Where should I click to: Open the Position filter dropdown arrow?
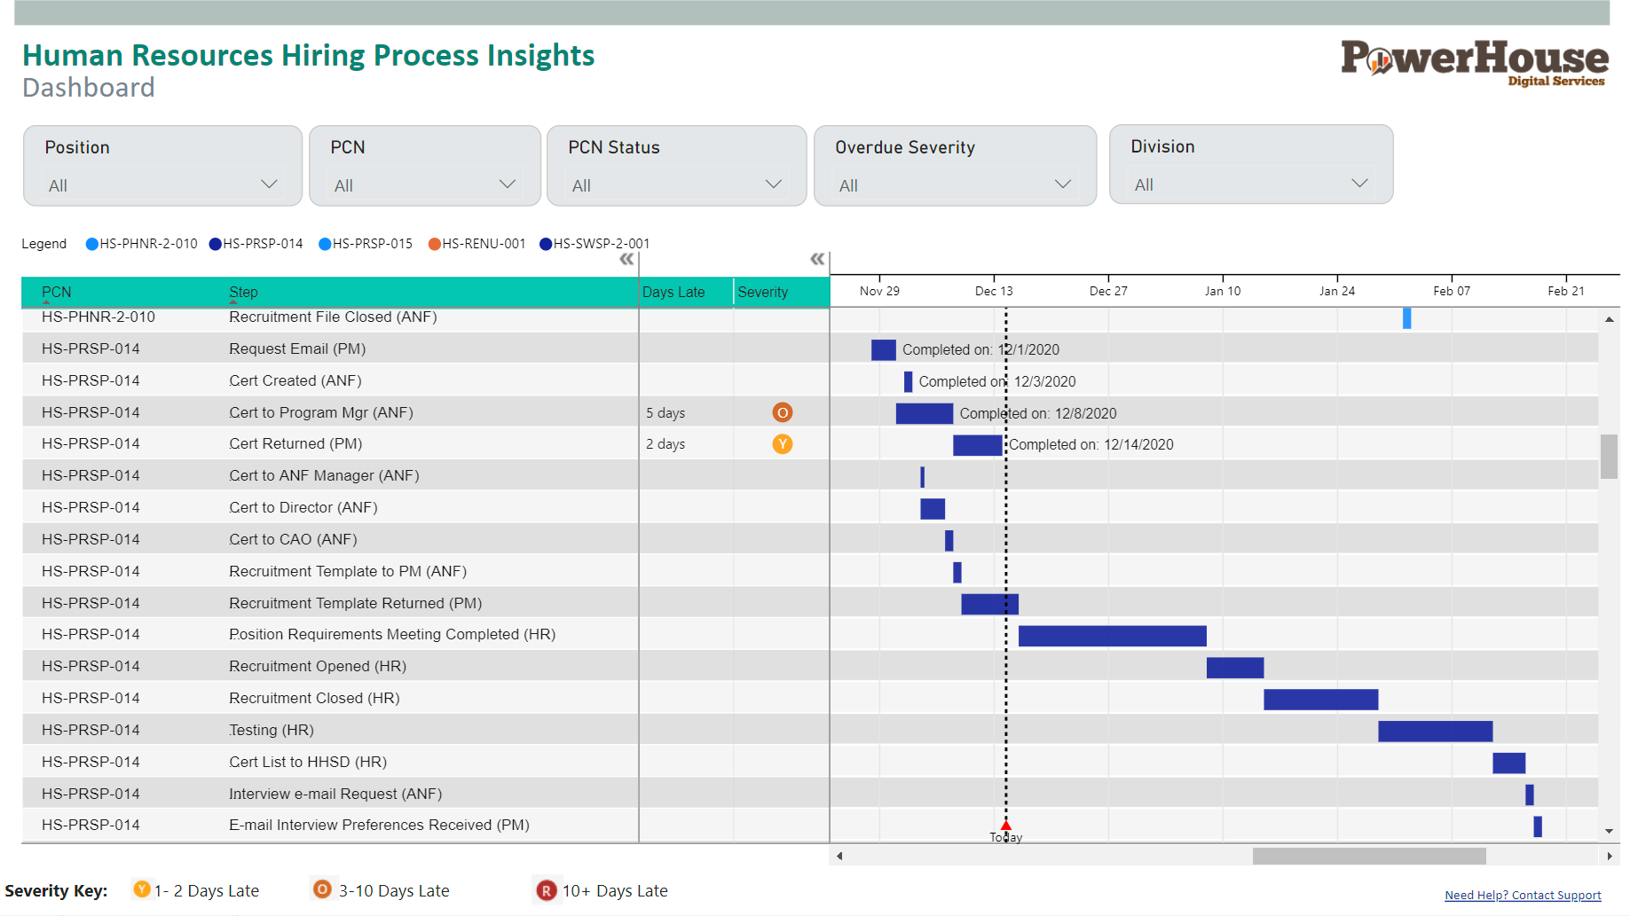269,184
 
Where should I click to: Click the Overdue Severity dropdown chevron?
1062,184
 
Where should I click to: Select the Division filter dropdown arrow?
1358,184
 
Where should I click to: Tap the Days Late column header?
673,292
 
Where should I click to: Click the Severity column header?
762,292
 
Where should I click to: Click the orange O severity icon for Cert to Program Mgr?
782,412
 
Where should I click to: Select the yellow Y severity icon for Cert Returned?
782,444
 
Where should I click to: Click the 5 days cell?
665,413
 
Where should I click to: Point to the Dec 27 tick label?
1108,291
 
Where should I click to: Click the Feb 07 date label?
1452,291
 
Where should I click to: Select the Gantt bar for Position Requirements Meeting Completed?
1112,636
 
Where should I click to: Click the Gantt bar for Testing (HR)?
1435,732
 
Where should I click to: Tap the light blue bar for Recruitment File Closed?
1406,317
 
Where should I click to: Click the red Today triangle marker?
1005,826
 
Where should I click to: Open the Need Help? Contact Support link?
1523,896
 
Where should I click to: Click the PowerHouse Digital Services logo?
1474,62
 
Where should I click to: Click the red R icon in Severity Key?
546,890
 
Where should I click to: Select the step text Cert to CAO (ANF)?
293,539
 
